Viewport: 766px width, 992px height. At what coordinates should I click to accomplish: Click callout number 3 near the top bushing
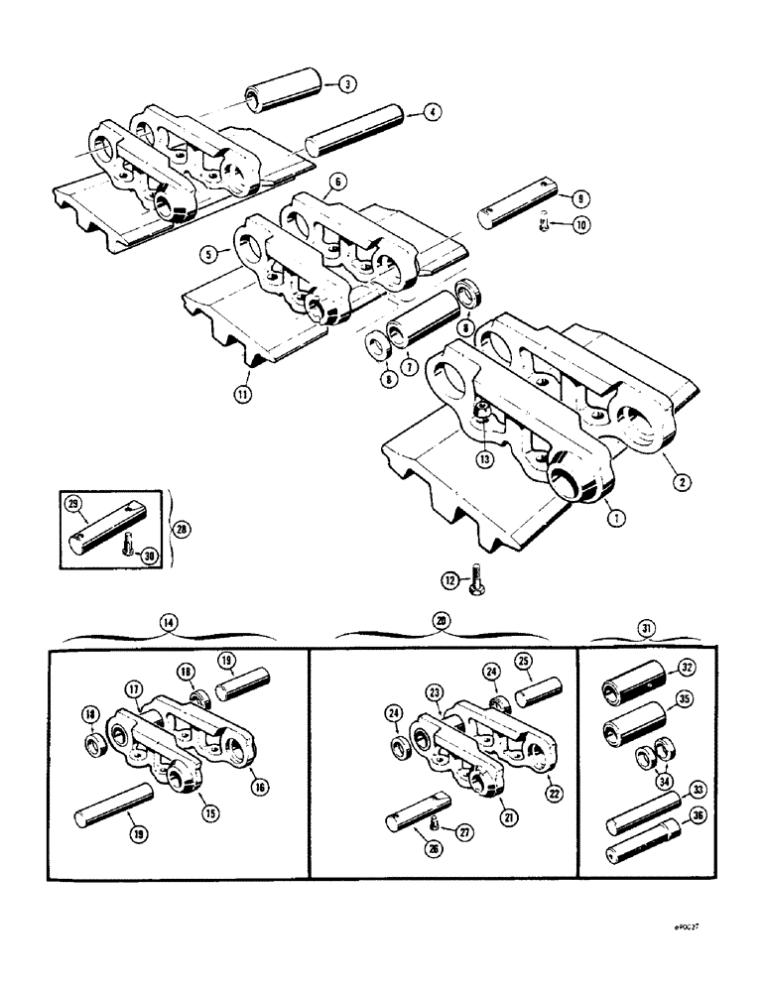click(345, 85)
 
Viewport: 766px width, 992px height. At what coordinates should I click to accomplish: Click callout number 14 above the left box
click(171, 623)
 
